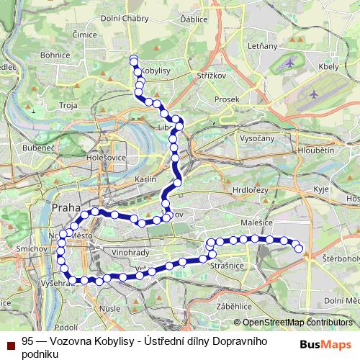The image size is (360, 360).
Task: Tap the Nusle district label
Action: click(x=111, y=308)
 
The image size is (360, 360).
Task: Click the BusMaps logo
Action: click(x=325, y=344)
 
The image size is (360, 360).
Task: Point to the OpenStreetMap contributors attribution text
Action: click(x=296, y=323)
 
